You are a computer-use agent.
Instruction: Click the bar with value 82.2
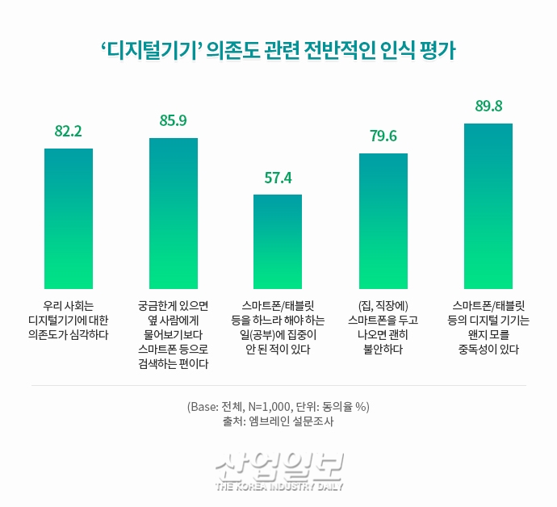69,219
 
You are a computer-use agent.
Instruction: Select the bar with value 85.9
174,213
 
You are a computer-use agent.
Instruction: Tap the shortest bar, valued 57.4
278,241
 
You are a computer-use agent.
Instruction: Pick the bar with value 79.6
383,220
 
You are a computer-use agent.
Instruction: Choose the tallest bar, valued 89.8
488,206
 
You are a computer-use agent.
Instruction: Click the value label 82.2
69,132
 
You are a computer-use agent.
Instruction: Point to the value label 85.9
174,121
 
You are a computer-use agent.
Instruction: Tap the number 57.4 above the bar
278,178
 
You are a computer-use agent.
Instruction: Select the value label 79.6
383,136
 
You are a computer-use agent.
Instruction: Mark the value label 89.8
488,107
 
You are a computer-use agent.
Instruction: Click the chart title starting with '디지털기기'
278,50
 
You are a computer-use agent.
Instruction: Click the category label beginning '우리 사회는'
69,320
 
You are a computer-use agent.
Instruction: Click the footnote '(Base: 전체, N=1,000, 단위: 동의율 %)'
278,405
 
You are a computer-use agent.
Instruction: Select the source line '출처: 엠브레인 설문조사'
278,421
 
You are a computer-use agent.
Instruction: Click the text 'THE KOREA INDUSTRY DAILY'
279,486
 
